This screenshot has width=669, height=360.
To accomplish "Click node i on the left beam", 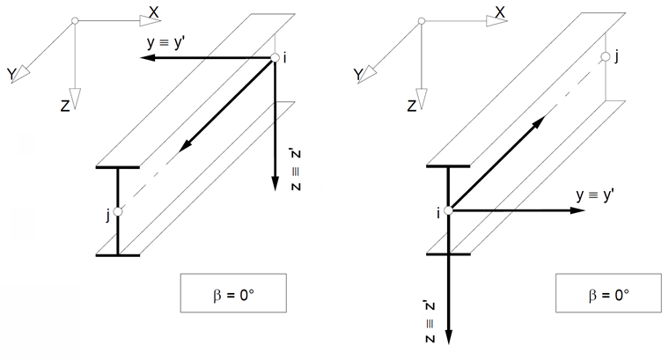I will pos(276,58).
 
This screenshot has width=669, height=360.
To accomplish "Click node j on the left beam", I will pos(118,211).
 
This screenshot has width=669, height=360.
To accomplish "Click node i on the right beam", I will pos(448,210).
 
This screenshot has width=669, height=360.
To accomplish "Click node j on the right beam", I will pos(606,58).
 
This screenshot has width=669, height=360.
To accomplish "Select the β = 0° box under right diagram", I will pos(610,293).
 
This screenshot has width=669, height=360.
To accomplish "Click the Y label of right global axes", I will pos(358,77).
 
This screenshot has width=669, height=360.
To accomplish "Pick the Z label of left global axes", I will pos(65,106).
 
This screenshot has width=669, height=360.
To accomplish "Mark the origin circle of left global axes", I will pos(76,21).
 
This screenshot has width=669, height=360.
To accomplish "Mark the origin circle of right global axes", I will pos(423,21).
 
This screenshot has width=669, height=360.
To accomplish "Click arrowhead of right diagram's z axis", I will pos(448,339).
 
